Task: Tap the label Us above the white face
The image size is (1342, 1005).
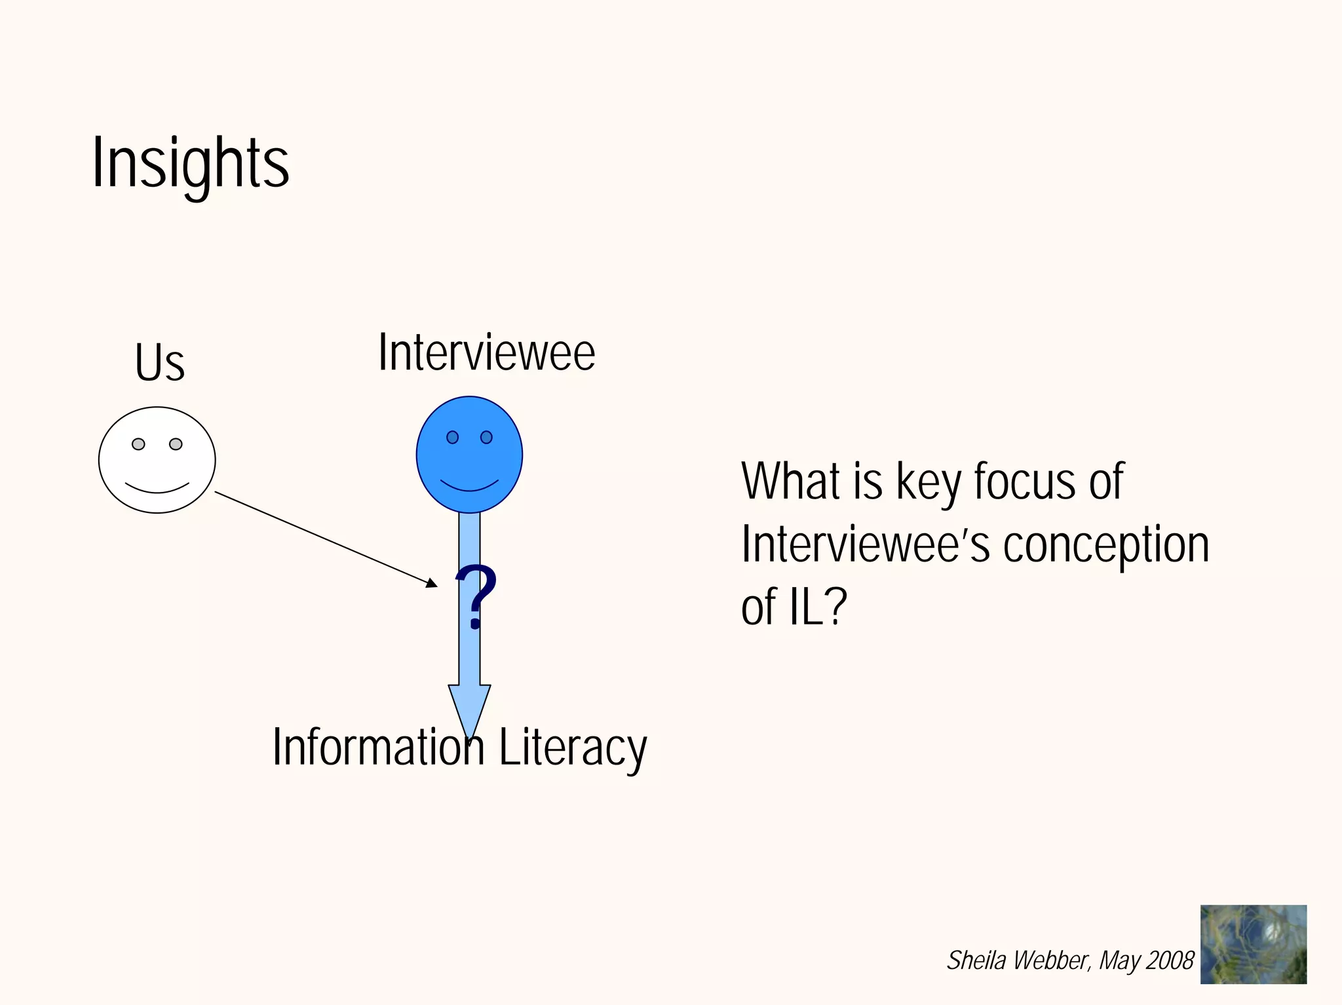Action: click(160, 362)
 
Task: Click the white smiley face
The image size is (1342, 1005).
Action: click(157, 460)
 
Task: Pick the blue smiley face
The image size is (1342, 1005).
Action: click(469, 454)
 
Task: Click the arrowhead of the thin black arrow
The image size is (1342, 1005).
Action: click(431, 582)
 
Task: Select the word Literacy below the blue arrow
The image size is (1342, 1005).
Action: click(573, 748)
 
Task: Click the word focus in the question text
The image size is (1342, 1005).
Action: click(1026, 482)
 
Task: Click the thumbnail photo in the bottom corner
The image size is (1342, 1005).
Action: click(1253, 944)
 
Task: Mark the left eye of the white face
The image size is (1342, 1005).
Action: click(138, 444)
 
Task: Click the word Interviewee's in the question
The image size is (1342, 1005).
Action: click(866, 545)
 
